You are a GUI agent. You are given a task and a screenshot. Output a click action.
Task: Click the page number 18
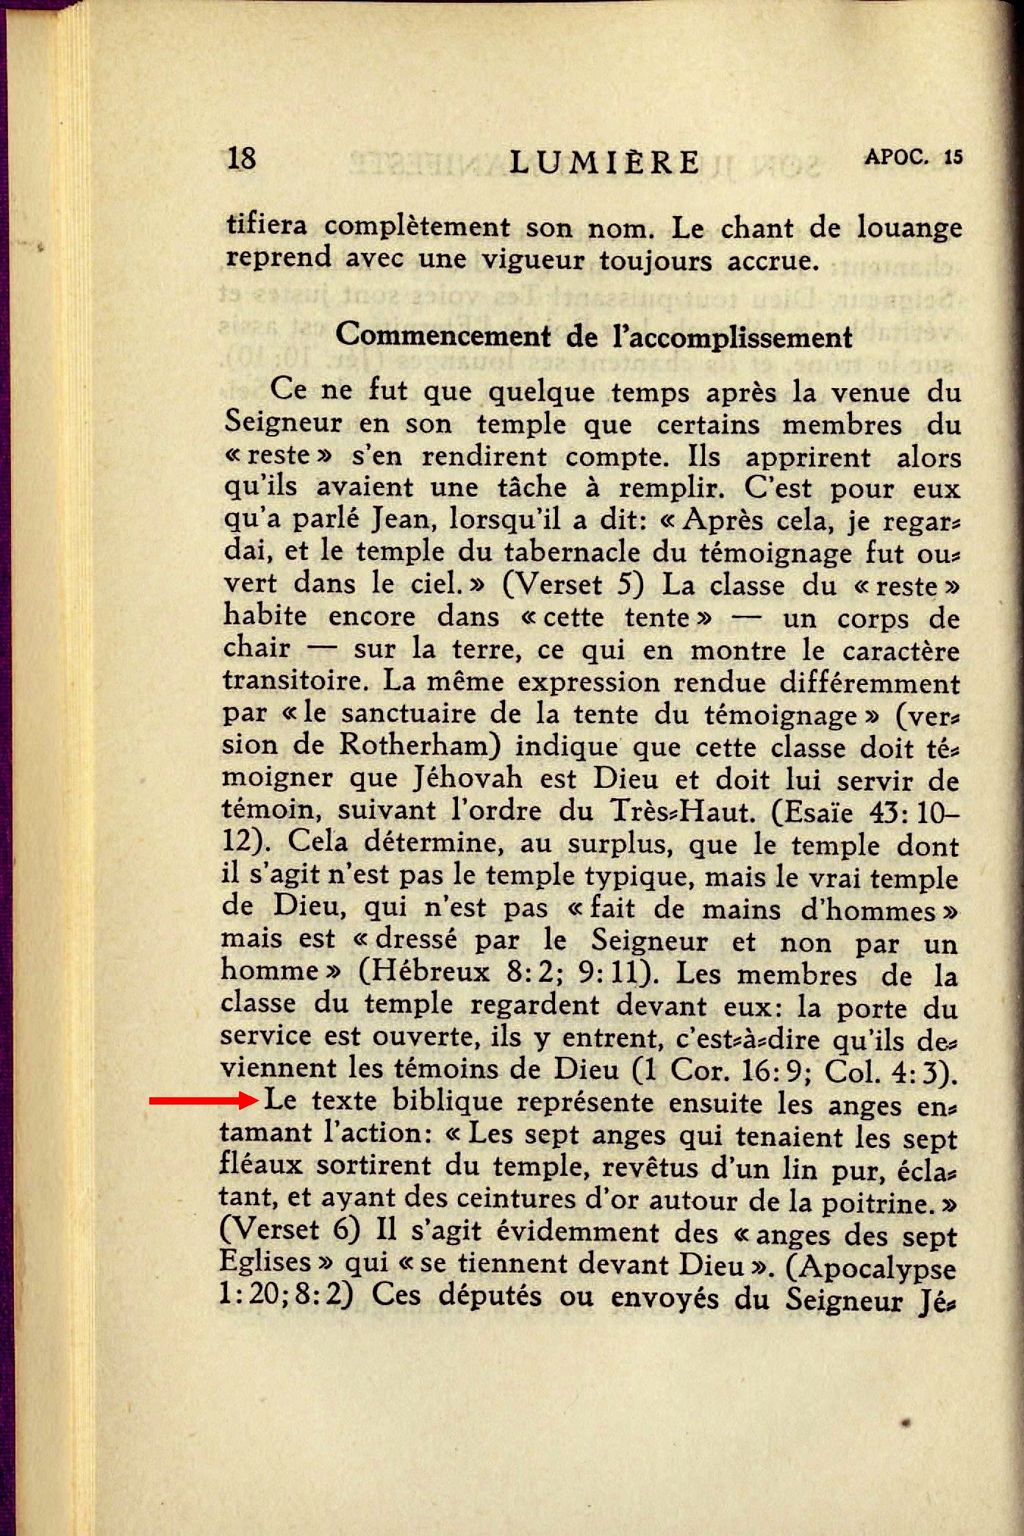[x=242, y=158]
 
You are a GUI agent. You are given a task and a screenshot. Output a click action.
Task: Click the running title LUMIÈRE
[x=604, y=162]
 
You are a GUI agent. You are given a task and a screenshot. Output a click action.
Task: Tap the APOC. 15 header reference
[x=913, y=157]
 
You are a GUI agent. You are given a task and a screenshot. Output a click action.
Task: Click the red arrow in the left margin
[x=201, y=1101]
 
